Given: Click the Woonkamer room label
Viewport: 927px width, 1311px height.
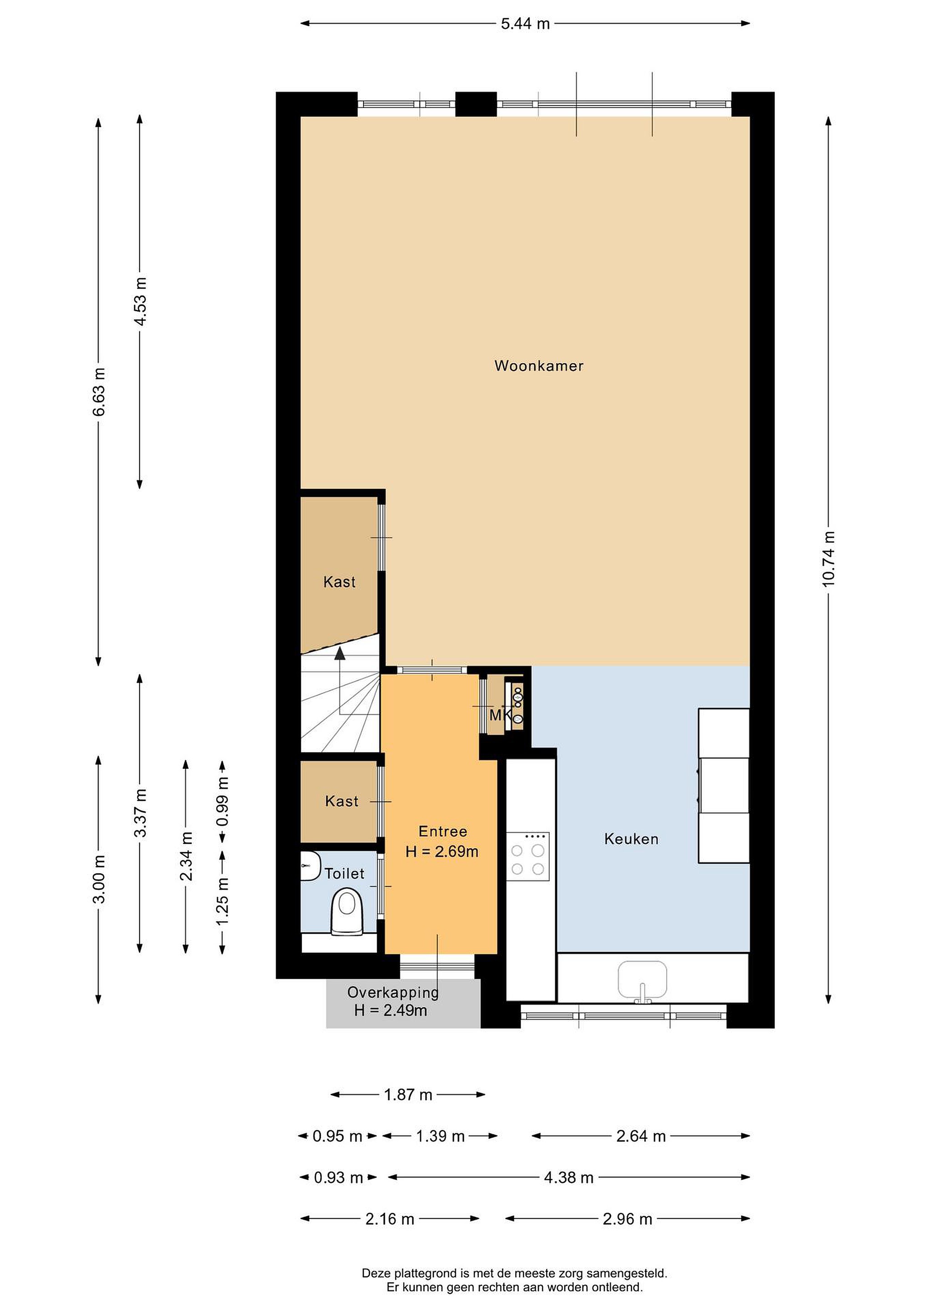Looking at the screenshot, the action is click(539, 366).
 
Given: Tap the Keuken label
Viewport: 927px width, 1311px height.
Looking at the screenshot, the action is click(631, 839).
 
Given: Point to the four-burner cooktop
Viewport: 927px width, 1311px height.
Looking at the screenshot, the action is click(528, 857).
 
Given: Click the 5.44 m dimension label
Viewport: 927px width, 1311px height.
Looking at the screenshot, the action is click(525, 23).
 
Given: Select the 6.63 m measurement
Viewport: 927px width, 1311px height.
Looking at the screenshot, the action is click(99, 391).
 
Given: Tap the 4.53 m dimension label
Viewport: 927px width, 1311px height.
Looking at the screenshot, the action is click(140, 301).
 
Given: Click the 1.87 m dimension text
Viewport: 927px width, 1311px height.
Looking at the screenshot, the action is click(408, 1095).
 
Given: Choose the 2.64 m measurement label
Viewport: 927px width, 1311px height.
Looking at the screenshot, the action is click(641, 1136).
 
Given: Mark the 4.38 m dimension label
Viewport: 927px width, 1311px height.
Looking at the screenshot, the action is click(568, 1177).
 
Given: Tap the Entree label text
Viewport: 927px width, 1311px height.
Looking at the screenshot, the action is click(443, 831).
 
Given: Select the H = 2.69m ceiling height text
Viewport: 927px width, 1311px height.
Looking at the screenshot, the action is click(442, 851).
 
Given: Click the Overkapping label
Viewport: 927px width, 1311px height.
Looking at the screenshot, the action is click(393, 992).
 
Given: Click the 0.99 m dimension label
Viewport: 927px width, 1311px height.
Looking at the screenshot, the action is click(223, 801).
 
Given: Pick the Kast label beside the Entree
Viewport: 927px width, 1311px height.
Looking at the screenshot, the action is click(342, 801).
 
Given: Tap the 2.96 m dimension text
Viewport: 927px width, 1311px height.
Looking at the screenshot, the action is click(627, 1219).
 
